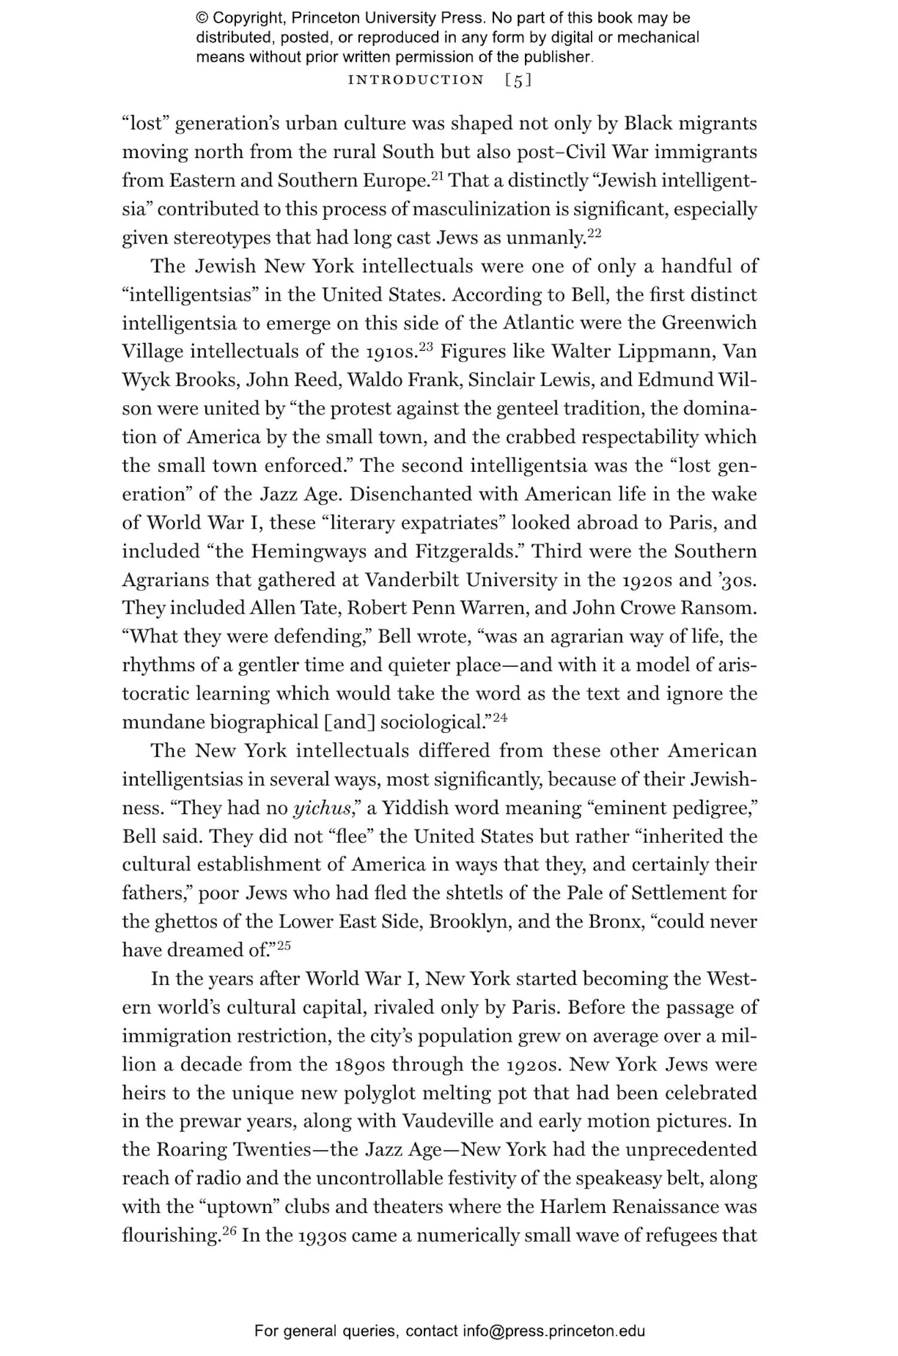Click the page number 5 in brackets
518,80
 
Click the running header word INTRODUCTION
416,80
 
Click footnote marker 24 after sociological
500,717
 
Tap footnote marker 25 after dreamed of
283,945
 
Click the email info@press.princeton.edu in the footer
553,1331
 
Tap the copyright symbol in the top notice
202,18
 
